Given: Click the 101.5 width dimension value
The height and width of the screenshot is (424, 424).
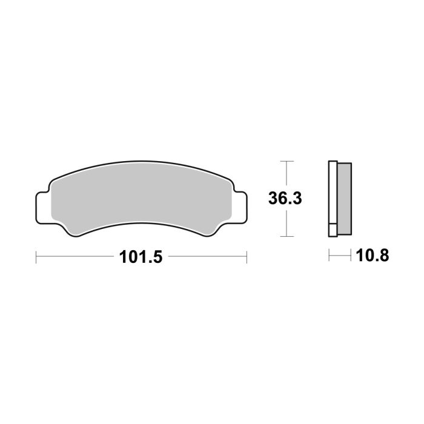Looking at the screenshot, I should pyautogui.click(x=142, y=257).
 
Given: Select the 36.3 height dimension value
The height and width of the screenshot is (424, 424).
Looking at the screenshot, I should pyautogui.click(x=285, y=199).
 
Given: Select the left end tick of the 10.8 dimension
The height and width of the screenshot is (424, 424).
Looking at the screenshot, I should pyautogui.click(x=329, y=256).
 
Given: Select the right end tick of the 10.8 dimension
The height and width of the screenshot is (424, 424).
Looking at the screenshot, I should pyautogui.click(x=351, y=256).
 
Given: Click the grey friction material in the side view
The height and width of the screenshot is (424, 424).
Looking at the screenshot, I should pyautogui.click(x=343, y=199).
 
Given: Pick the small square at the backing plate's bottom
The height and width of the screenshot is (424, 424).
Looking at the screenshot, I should pyautogui.click(x=332, y=230).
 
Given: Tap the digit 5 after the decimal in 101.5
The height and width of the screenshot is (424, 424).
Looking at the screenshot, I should pyautogui.click(x=158, y=257).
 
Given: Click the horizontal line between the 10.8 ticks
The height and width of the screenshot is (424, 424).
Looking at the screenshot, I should pyautogui.click(x=340, y=256).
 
